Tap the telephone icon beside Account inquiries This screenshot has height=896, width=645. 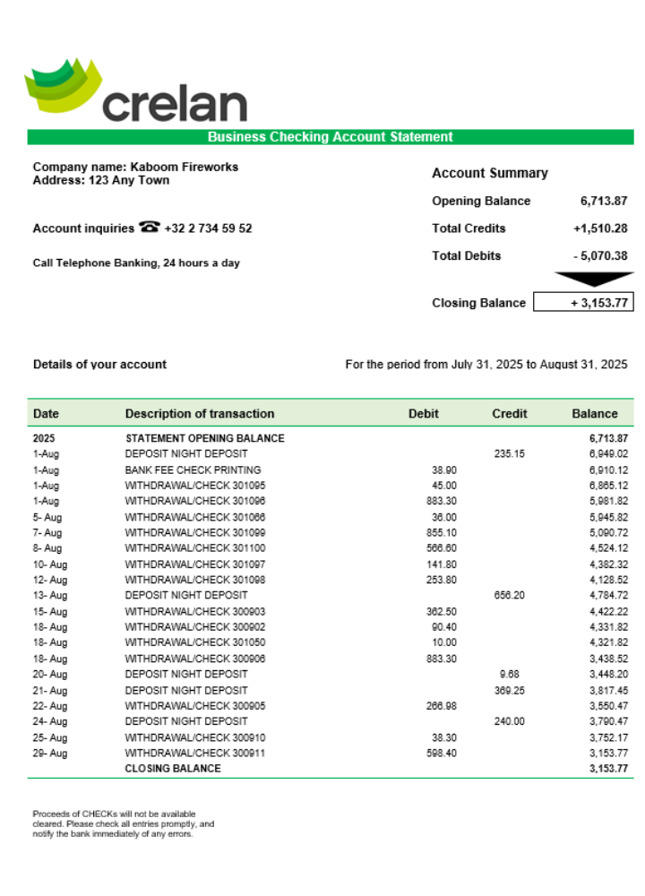(x=149, y=228)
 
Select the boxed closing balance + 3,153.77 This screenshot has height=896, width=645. (x=583, y=303)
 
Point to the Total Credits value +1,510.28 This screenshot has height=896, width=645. (x=599, y=228)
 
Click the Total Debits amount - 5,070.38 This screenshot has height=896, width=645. (x=599, y=256)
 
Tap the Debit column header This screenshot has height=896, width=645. (x=424, y=414)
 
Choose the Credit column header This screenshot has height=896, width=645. (x=509, y=414)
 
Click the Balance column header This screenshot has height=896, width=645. (x=595, y=414)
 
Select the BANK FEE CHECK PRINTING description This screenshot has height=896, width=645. (x=193, y=470)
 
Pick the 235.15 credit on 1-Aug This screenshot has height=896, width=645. (x=509, y=454)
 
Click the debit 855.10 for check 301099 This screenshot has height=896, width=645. (x=442, y=532)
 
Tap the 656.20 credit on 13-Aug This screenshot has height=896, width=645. (x=509, y=595)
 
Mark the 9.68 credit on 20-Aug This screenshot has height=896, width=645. (x=510, y=674)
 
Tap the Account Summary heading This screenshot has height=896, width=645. (x=489, y=174)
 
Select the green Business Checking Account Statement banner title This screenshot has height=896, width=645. (x=330, y=137)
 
